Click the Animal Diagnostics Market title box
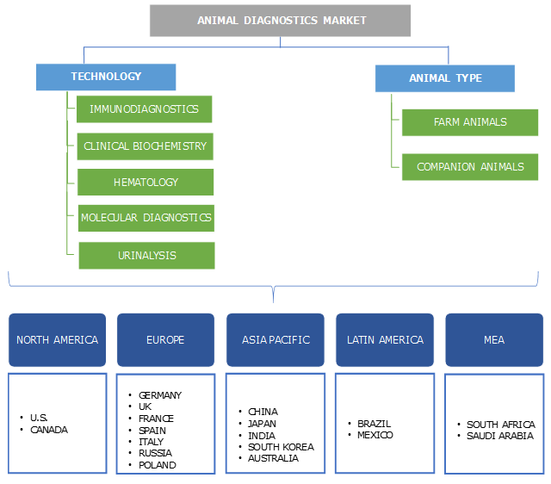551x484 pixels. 280,21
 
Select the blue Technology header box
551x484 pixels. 106,77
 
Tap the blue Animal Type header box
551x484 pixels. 445,78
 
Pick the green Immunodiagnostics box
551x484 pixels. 144,109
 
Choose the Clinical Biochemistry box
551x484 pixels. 145,146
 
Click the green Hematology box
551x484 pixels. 145,183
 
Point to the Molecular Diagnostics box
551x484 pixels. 145,218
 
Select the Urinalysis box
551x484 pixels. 146,255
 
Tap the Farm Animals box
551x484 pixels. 469,122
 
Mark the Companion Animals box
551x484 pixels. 469,166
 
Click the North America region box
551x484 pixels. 58,339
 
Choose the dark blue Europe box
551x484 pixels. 165,339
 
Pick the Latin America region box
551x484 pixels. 385,339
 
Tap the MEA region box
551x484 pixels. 494,339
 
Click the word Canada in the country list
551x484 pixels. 49,430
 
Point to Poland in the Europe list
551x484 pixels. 157,465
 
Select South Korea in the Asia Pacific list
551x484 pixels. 281,447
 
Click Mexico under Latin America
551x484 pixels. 375,436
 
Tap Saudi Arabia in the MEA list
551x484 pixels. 499,436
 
